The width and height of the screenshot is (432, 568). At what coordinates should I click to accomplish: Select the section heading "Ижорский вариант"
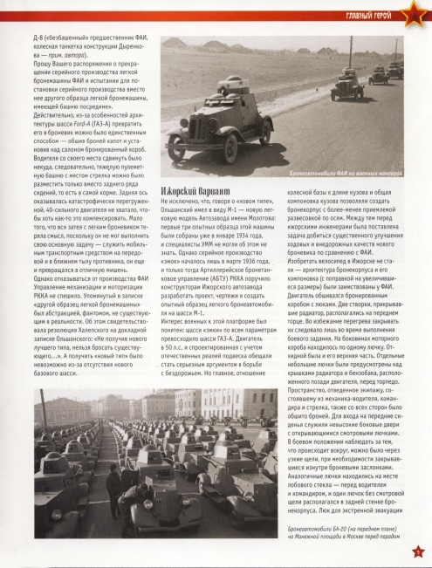[x=196, y=215]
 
